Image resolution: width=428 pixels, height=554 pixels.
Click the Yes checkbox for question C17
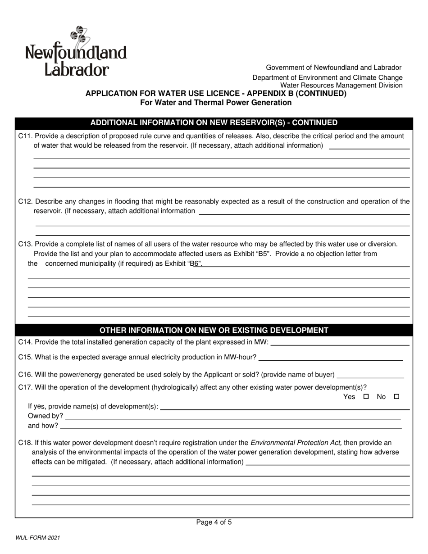(366, 397)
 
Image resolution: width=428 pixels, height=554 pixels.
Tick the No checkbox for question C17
(396, 397)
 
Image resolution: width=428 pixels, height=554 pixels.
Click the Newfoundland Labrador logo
(76, 52)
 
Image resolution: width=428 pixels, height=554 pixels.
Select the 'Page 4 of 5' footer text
(214, 522)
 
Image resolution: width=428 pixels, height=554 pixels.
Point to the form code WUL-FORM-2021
(38, 538)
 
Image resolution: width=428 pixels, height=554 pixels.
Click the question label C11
(25, 136)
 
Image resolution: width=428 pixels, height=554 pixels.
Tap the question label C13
(25, 244)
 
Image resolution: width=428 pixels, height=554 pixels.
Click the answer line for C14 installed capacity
(340, 344)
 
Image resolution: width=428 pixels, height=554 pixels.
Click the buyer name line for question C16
(370, 376)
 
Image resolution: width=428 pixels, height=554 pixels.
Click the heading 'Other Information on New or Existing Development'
(214, 330)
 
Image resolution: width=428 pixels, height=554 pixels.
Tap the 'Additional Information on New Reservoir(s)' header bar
(214, 123)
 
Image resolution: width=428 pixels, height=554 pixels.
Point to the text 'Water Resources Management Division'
(341, 85)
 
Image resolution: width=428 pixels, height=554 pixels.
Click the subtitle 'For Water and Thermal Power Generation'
(216, 102)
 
